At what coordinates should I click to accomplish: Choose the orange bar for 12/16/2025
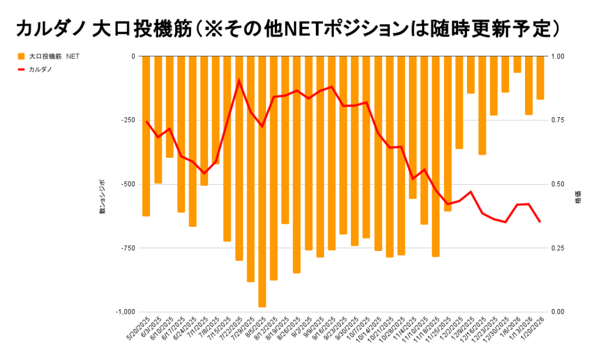(x=482, y=106)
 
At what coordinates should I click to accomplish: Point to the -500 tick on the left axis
(x=127, y=184)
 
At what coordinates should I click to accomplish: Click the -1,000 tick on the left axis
(x=125, y=312)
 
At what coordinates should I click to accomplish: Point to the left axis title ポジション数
(x=102, y=196)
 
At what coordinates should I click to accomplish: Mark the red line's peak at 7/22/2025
(x=239, y=80)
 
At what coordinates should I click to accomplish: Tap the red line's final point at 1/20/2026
(x=540, y=222)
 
